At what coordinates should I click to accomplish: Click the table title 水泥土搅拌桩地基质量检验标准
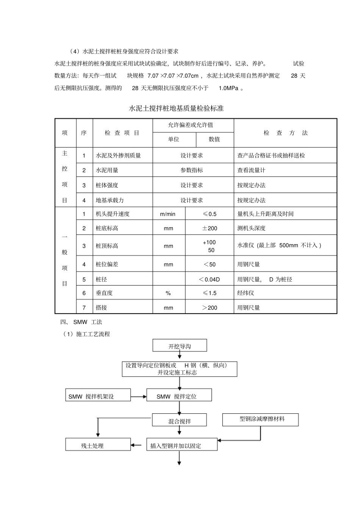[x=176, y=108]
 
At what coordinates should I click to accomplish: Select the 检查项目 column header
[x=122, y=133]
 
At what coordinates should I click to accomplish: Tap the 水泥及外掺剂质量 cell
[x=118, y=155]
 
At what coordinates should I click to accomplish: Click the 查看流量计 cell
[x=251, y=170]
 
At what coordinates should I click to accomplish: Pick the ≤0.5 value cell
[x=210, y=214]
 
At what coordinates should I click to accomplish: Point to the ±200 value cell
[x=210, y=228]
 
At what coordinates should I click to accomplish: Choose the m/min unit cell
[x=168, y=214]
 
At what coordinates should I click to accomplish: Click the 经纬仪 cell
[x=246, y=293]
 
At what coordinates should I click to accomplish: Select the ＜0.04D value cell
[x=209, y=279]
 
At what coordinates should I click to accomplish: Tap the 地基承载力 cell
[x=110, y=200]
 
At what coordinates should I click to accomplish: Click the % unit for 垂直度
[x=168, y=293]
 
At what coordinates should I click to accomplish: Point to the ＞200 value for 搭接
[x=210, y=308]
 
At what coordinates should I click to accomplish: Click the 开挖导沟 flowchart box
[x=180, y=346]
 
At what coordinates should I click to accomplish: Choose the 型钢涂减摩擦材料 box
[x=260, y=419]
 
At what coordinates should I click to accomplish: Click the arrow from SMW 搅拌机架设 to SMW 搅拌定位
[x=139, y=396]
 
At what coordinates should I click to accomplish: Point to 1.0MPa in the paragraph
[x=229, y=88]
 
